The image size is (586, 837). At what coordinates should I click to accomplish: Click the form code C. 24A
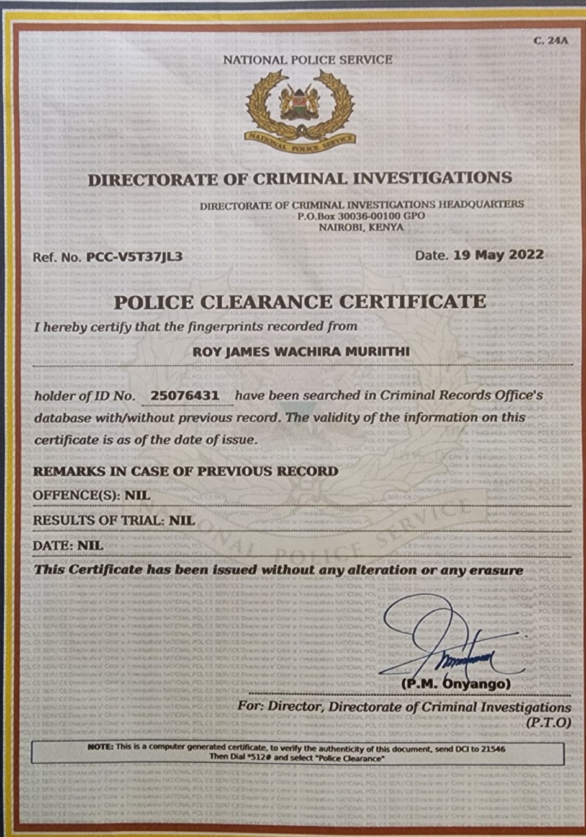point(550,40)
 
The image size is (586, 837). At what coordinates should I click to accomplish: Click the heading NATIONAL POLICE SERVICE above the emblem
point(307,60)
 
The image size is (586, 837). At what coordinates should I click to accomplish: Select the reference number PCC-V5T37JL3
point(135,257)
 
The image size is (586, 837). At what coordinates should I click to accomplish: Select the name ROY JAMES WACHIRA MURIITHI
point(301,352)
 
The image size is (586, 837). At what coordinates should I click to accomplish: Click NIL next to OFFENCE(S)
point(137,495)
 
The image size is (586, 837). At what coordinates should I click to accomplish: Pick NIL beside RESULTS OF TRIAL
point(182,520)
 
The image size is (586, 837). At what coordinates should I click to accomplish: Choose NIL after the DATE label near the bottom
point(90,546)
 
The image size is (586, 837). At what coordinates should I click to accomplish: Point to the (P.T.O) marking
point(548,722)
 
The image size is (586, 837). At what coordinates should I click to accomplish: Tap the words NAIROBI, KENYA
point(361,227)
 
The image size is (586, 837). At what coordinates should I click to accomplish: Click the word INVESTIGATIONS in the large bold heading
point(433,178)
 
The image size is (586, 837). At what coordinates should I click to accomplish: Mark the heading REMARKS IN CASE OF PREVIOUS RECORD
point(185,471)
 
